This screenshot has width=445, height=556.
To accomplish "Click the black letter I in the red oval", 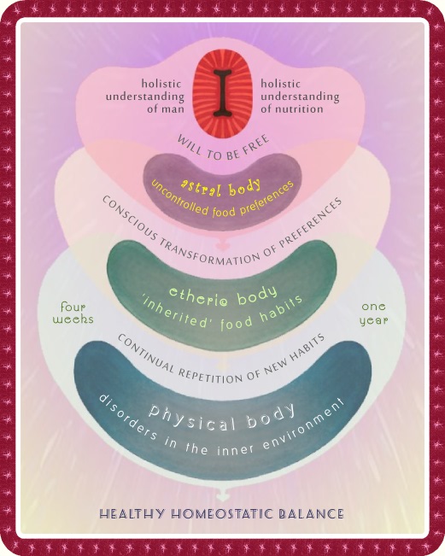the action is pyautogui.click(x=223, y=93).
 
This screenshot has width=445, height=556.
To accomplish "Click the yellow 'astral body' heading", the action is pyautogui.click(x=220, y=187).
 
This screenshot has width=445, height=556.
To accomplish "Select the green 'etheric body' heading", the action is pyautogui.click(x=223, y=296).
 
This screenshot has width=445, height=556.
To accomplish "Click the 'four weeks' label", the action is pyautogui.click(x=73, y=313).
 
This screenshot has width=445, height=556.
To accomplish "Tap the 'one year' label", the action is pyautogui.click(x=374, y=313).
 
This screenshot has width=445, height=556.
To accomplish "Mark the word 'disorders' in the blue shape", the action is pyautogui.click(x=127, y=418).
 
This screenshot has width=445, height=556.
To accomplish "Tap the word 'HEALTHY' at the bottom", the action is pyautogui.click(x=132, y=514).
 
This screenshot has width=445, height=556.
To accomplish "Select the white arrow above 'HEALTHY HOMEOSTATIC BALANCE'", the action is pyautogui.click(x=223, y=494).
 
